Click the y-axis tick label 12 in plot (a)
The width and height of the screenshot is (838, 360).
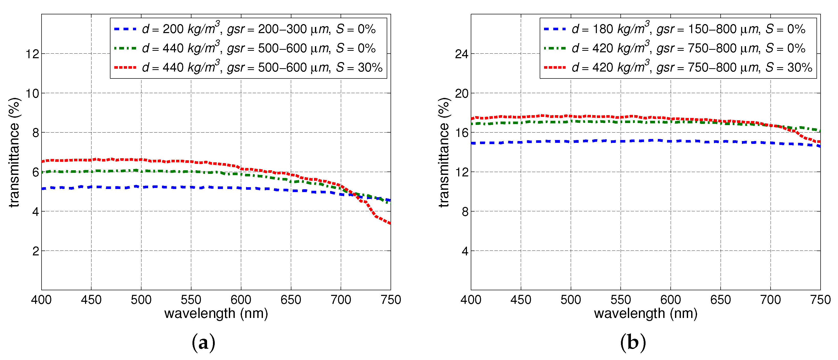(x=32, y=54)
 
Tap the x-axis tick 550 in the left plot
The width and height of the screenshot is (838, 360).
(x=191, y=299)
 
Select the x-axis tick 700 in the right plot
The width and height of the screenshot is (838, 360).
(x=770, y=299)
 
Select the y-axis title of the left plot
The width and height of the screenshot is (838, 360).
(x=14, y=152)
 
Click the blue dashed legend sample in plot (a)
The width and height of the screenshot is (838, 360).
(x=125, y=29)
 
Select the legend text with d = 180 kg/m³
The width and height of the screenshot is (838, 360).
(x=688, y=29)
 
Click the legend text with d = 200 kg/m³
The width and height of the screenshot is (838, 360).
(x=259, y=29)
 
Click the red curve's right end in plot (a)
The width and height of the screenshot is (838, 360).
(x=390, y=223)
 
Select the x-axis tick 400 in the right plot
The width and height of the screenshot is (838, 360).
(x=471, y=299)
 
